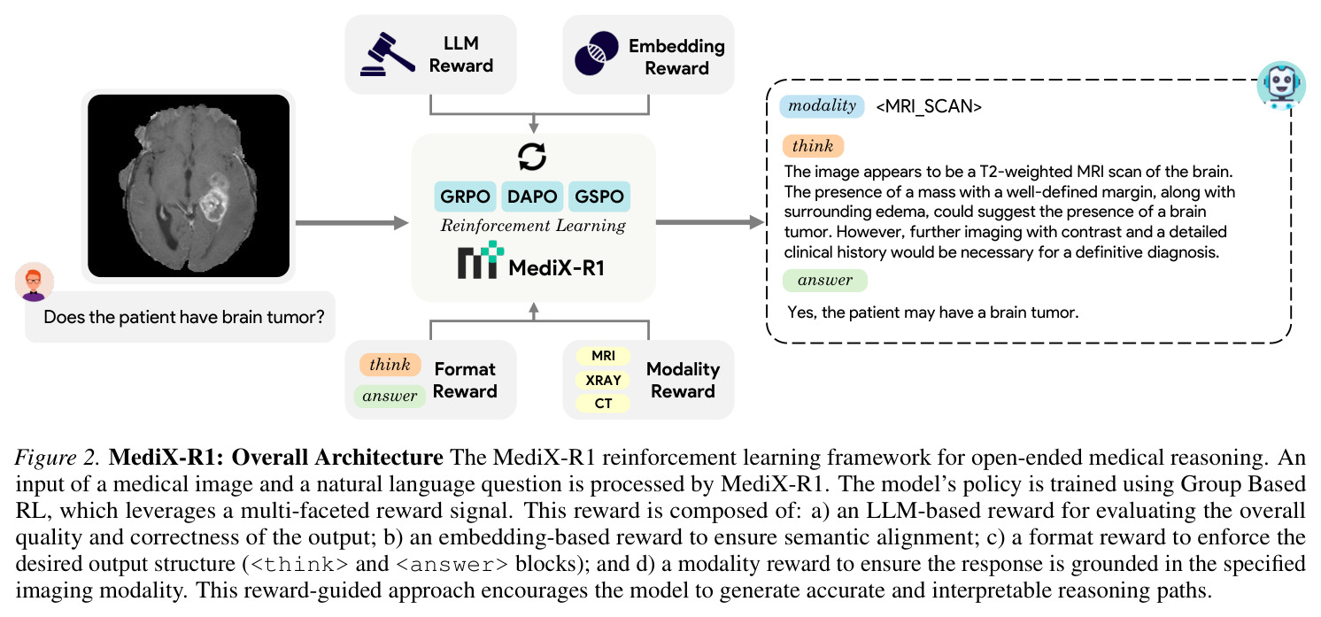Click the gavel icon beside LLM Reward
(388, 54)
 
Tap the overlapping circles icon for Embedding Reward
(596, 54)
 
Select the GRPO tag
(466, 197)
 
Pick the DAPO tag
(532, 197)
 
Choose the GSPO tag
(599, 197)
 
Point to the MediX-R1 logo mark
(481, 259)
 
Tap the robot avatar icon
(1281, 85)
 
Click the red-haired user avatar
(35, 282)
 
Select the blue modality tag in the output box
(823, 106)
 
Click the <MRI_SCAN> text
(929, 107)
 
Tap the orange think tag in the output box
(814, 146)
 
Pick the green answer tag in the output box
(825, 281)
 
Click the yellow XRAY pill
(603, 381)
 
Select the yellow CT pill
(603, 404)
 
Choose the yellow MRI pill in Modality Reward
(603, 356)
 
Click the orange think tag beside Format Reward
(390, 365)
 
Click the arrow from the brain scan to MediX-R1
(352, 223)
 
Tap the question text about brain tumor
(184, 317)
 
